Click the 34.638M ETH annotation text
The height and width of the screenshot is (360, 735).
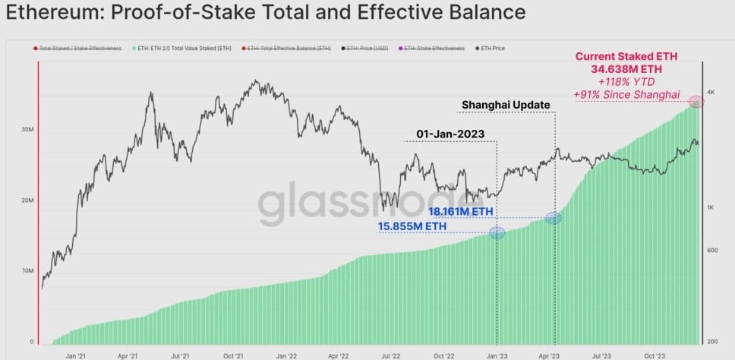click(x=627, y=69)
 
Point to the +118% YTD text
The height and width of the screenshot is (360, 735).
click(x=627, y=81)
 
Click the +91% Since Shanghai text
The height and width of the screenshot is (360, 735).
click(x=627, y=94)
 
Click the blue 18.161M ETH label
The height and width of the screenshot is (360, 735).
click(x=460, y=210)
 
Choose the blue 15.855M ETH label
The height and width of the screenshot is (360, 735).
click(x=412, y=226)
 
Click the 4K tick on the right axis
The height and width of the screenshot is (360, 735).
click(x=711, y=92)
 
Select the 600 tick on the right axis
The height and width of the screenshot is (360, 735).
click(x=712, y=251)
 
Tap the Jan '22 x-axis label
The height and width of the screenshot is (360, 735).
click(x=285, y=355)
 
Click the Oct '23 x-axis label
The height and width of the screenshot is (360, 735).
click(x=654, y=355)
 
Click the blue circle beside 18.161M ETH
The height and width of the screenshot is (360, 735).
click(x=554, y=218)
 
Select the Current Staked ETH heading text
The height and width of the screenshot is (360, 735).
click(x=627, y=56)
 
